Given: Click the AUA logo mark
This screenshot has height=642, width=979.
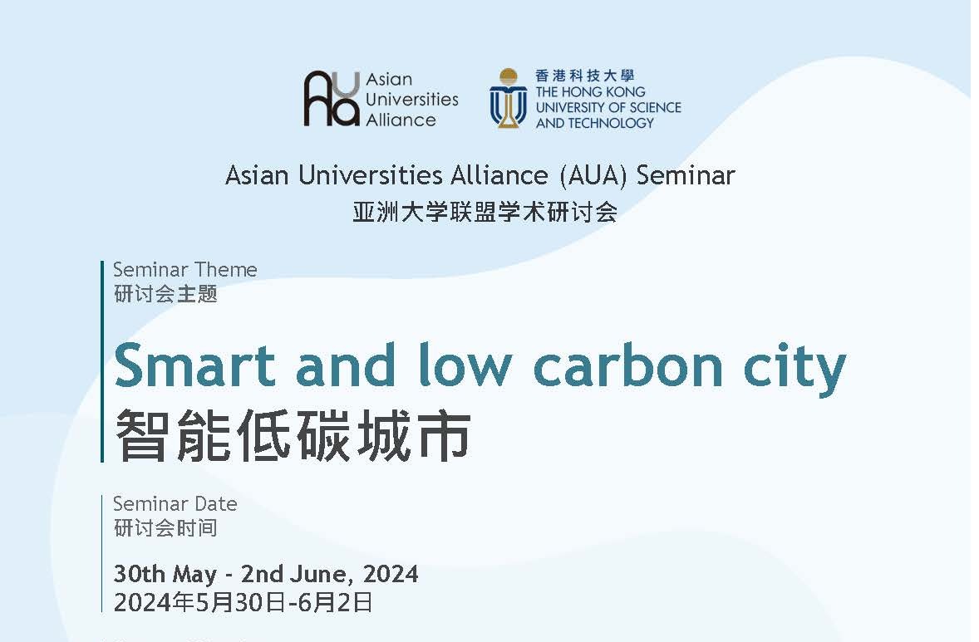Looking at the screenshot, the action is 332,99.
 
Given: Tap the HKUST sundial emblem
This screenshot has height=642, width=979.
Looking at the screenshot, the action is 509,98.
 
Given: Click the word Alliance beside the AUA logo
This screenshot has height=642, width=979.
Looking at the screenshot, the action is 401,119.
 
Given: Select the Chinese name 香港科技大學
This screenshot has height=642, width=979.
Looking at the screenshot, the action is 584,76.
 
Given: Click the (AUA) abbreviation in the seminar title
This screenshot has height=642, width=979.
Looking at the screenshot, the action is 593,175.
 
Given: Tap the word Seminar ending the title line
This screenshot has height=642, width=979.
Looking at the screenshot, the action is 686,175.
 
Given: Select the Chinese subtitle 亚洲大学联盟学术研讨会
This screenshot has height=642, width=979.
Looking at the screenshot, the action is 485,212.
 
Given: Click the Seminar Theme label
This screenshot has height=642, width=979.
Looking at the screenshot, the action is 184,270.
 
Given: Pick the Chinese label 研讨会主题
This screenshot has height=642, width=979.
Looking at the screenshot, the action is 165,294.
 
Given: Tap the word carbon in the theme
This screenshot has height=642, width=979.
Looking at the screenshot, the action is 628,365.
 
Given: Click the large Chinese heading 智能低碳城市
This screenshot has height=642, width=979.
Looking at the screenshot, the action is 293,435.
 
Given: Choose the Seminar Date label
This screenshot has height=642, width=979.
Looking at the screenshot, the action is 175,503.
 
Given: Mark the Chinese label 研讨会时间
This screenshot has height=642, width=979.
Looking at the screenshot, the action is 165,528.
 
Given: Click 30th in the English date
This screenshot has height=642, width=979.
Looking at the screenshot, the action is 140,573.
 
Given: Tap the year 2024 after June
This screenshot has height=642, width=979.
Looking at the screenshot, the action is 391,573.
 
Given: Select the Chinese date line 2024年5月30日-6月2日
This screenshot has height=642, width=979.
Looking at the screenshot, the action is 244,603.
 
